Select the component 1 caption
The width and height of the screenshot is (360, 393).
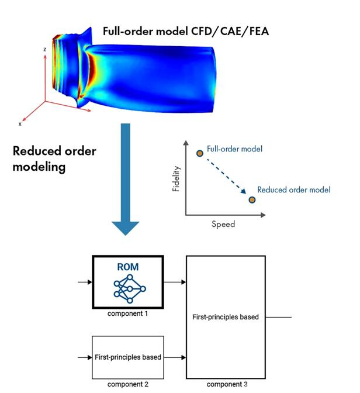pyautogui.click(x=127, y=314)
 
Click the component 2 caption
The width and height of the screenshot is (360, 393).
pyautogui.click(x=127, y=384)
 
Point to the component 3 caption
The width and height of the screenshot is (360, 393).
pyautogui.click(x=227, y=384)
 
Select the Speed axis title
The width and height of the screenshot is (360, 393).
pyautogui.click(x=223, y=224)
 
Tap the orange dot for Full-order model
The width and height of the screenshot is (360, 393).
pyautogui.click(x=199, y=153)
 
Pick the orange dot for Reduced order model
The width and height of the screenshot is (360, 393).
pyautogui.click(x=252, y=200)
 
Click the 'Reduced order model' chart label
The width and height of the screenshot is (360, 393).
pyautogui.click(x=294, y=189)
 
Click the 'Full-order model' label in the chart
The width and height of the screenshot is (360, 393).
pyautogui.click(x=234, y=149)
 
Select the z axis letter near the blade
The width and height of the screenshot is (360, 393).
pyautogui.click(x=44, y=50)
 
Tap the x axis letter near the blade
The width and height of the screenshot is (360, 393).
pyautogui.click(x=20, y=124)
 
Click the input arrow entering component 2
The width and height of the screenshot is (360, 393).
pyautogui.click(x=85, y=357)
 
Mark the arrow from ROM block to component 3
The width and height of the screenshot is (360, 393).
pyautogui.click(x=175, y=282)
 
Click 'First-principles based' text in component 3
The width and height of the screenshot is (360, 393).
pyautogui.click(x=225, y=317)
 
